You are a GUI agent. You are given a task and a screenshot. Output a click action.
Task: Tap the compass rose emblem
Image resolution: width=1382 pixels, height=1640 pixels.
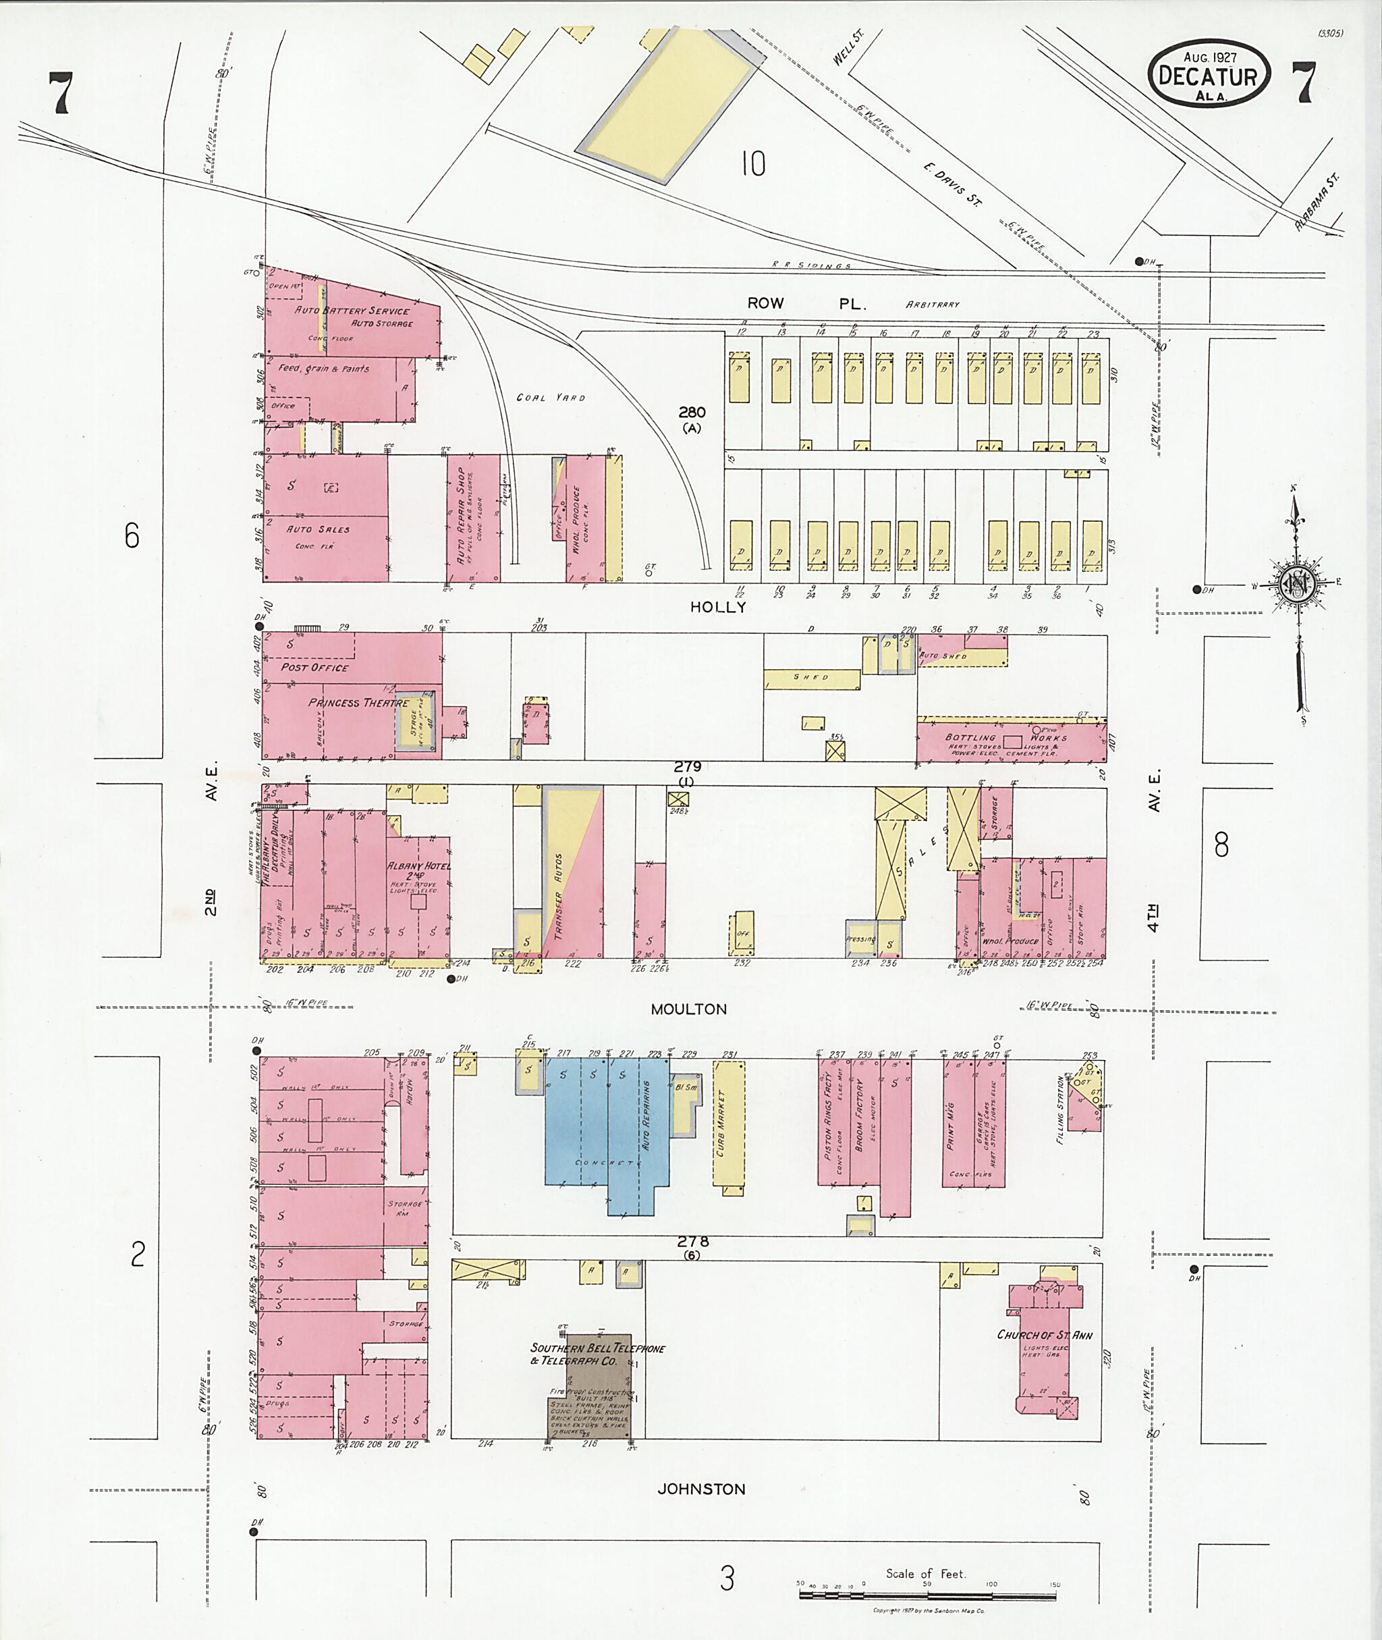click(x=1296, y=584)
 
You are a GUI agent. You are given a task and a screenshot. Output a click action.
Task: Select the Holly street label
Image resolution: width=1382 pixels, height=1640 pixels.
click(x=717, y=607)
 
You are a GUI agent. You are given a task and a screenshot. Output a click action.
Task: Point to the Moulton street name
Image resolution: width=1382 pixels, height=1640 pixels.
click(x=689, y=1009)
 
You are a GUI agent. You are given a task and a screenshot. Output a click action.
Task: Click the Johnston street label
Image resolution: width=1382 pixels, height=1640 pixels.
click(x=701, y=1489)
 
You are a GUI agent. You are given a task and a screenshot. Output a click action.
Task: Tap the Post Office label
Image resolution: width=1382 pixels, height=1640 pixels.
click(x=315, y=667)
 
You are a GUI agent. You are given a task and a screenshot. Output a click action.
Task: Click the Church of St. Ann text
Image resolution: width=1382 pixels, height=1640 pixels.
click(x=1045, y=1334)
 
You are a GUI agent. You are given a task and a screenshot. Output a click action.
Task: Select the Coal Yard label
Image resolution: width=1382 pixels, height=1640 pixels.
click(x=550, y=398)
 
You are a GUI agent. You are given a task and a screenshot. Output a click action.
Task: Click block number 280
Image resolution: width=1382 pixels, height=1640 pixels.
click(x=692, y=413)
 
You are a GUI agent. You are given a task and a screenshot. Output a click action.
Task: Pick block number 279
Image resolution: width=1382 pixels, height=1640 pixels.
click(x=687, y=767)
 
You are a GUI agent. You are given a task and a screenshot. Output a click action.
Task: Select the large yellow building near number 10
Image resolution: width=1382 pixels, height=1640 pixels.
click(x=670, y=106)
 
